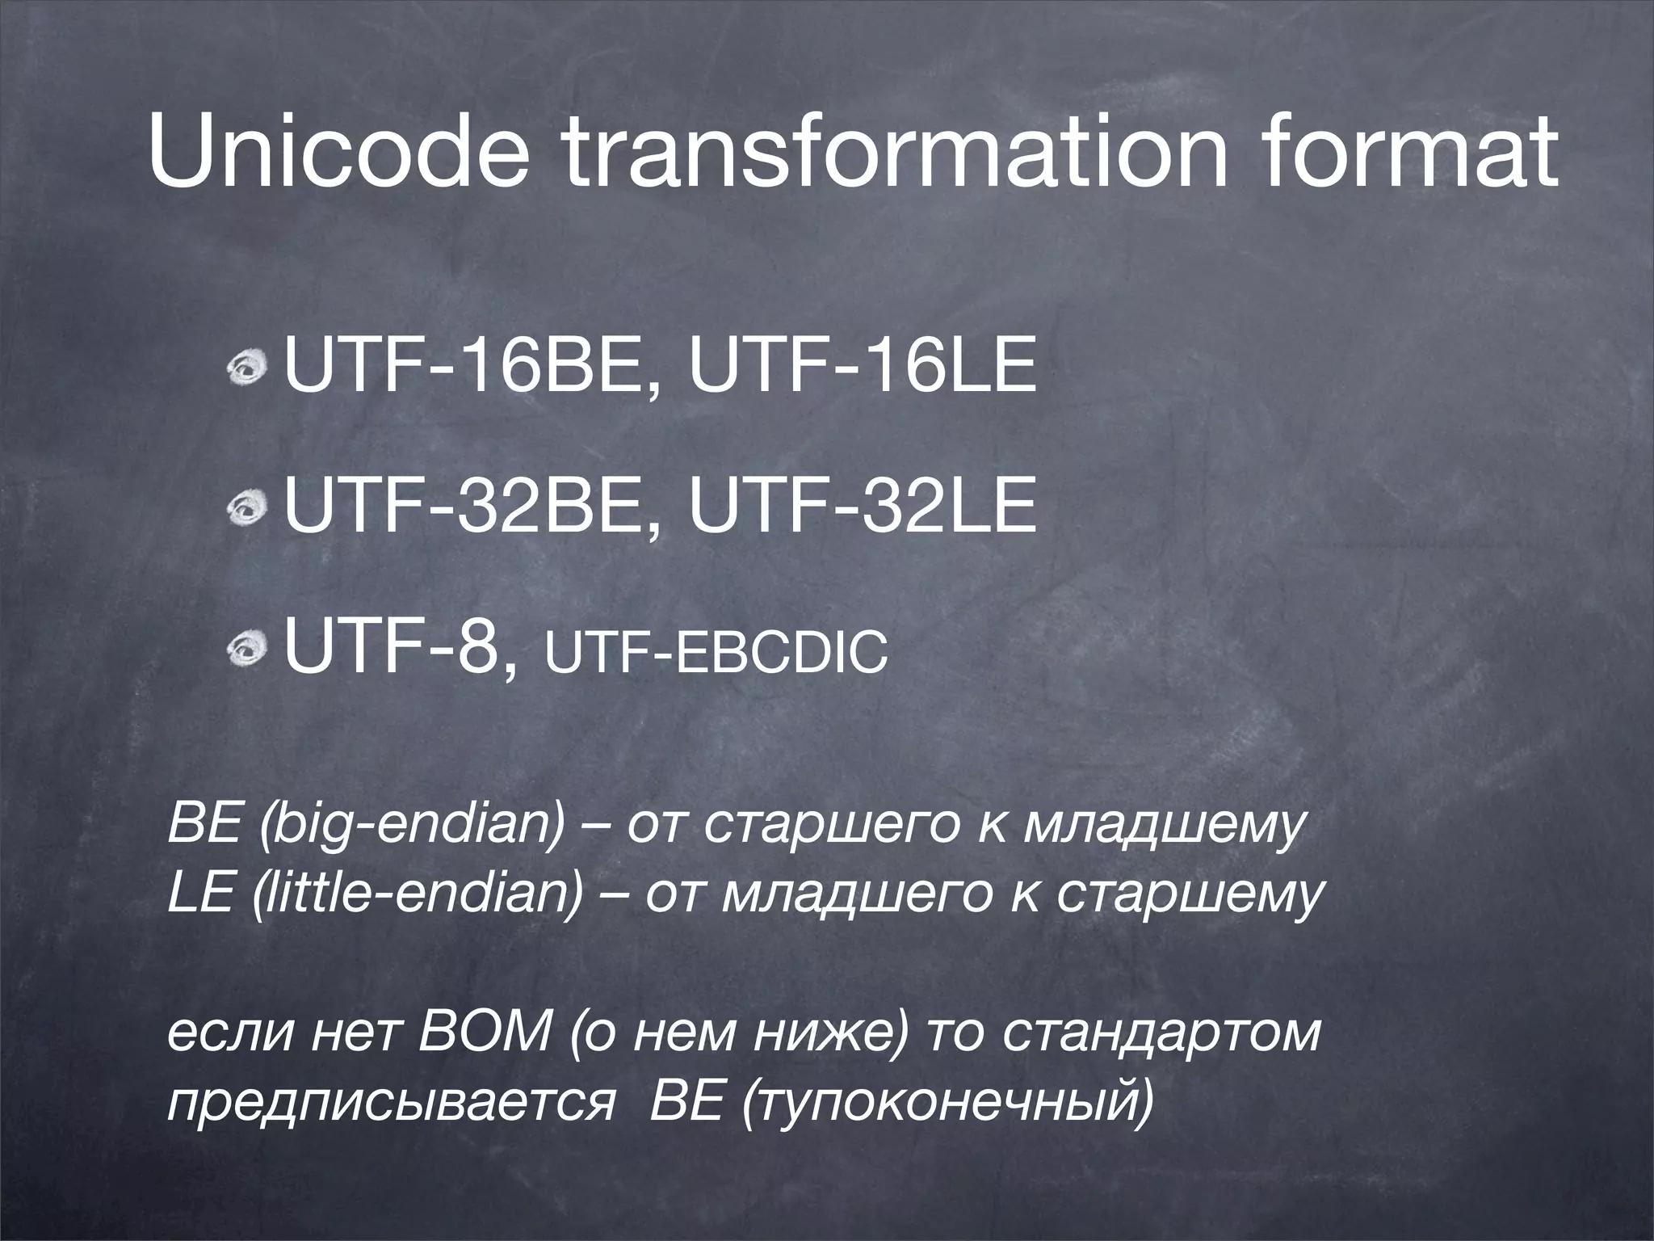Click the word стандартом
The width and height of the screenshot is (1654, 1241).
[1163, 1033]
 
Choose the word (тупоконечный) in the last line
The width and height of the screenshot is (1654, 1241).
[946, 1104]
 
